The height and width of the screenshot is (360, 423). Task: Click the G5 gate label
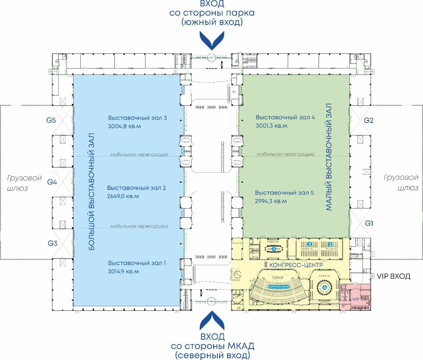click(x=52, y=120)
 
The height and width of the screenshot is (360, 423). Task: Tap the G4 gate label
click(x=52, y=182)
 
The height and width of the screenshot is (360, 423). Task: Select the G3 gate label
click(x=52, y=243)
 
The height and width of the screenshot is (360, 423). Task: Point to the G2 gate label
click(x=369, y=120)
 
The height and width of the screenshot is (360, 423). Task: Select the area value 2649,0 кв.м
click(x=123, y=196)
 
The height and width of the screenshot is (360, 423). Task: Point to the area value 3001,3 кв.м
click(x=272, y=126)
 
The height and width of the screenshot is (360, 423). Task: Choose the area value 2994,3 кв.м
click(x=271, y=201)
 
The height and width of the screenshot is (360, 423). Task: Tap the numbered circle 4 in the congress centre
click(x=325, y=287)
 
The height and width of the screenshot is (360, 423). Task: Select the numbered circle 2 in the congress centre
click(x=310, y=244)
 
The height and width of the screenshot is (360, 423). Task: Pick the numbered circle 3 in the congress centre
click(x=330, y=244)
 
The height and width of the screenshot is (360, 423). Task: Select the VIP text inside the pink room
click(x=355, y=299)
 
